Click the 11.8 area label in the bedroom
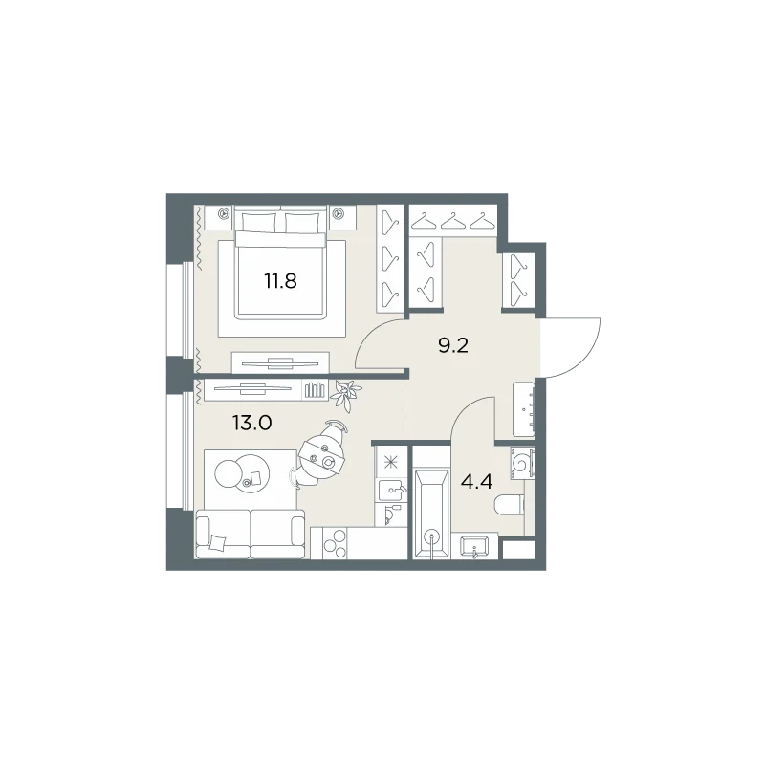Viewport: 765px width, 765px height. coord(280,281)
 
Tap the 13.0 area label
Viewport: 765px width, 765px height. coord(251,423)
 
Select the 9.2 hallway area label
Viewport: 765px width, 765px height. coord(453,346)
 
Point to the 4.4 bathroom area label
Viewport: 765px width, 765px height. coord(476,483)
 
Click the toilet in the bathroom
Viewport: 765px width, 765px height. coord(510,505)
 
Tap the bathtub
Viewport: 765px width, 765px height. coord(431,514)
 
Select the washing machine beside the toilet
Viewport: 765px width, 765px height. coord(522,462)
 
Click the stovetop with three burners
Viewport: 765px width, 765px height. coord(334,543)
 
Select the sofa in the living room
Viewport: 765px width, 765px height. coord(251,535)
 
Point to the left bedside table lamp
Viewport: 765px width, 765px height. coord(224,213)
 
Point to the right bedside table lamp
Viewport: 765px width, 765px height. coord(338,213)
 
